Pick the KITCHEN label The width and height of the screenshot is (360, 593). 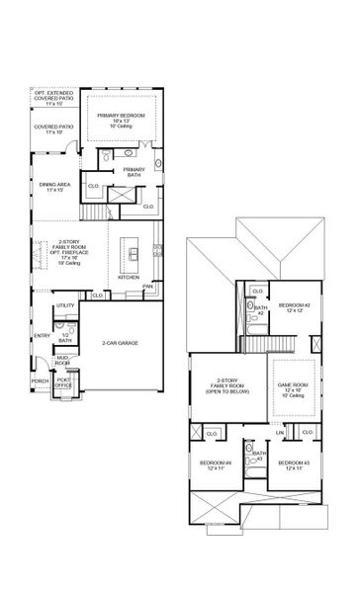pyautogui.click(x=129, y=277)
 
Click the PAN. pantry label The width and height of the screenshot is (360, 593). pyautogui.click(x=146, y=288)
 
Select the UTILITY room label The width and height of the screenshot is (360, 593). pyautogui.click(x=65, y=305)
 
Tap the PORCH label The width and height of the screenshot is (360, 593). pyautogui.click(x=41, y=381)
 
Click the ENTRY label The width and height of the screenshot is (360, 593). pyautogui.click(x=42, y=335)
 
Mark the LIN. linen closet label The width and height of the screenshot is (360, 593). pyautogui.click(x=280, y=432)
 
